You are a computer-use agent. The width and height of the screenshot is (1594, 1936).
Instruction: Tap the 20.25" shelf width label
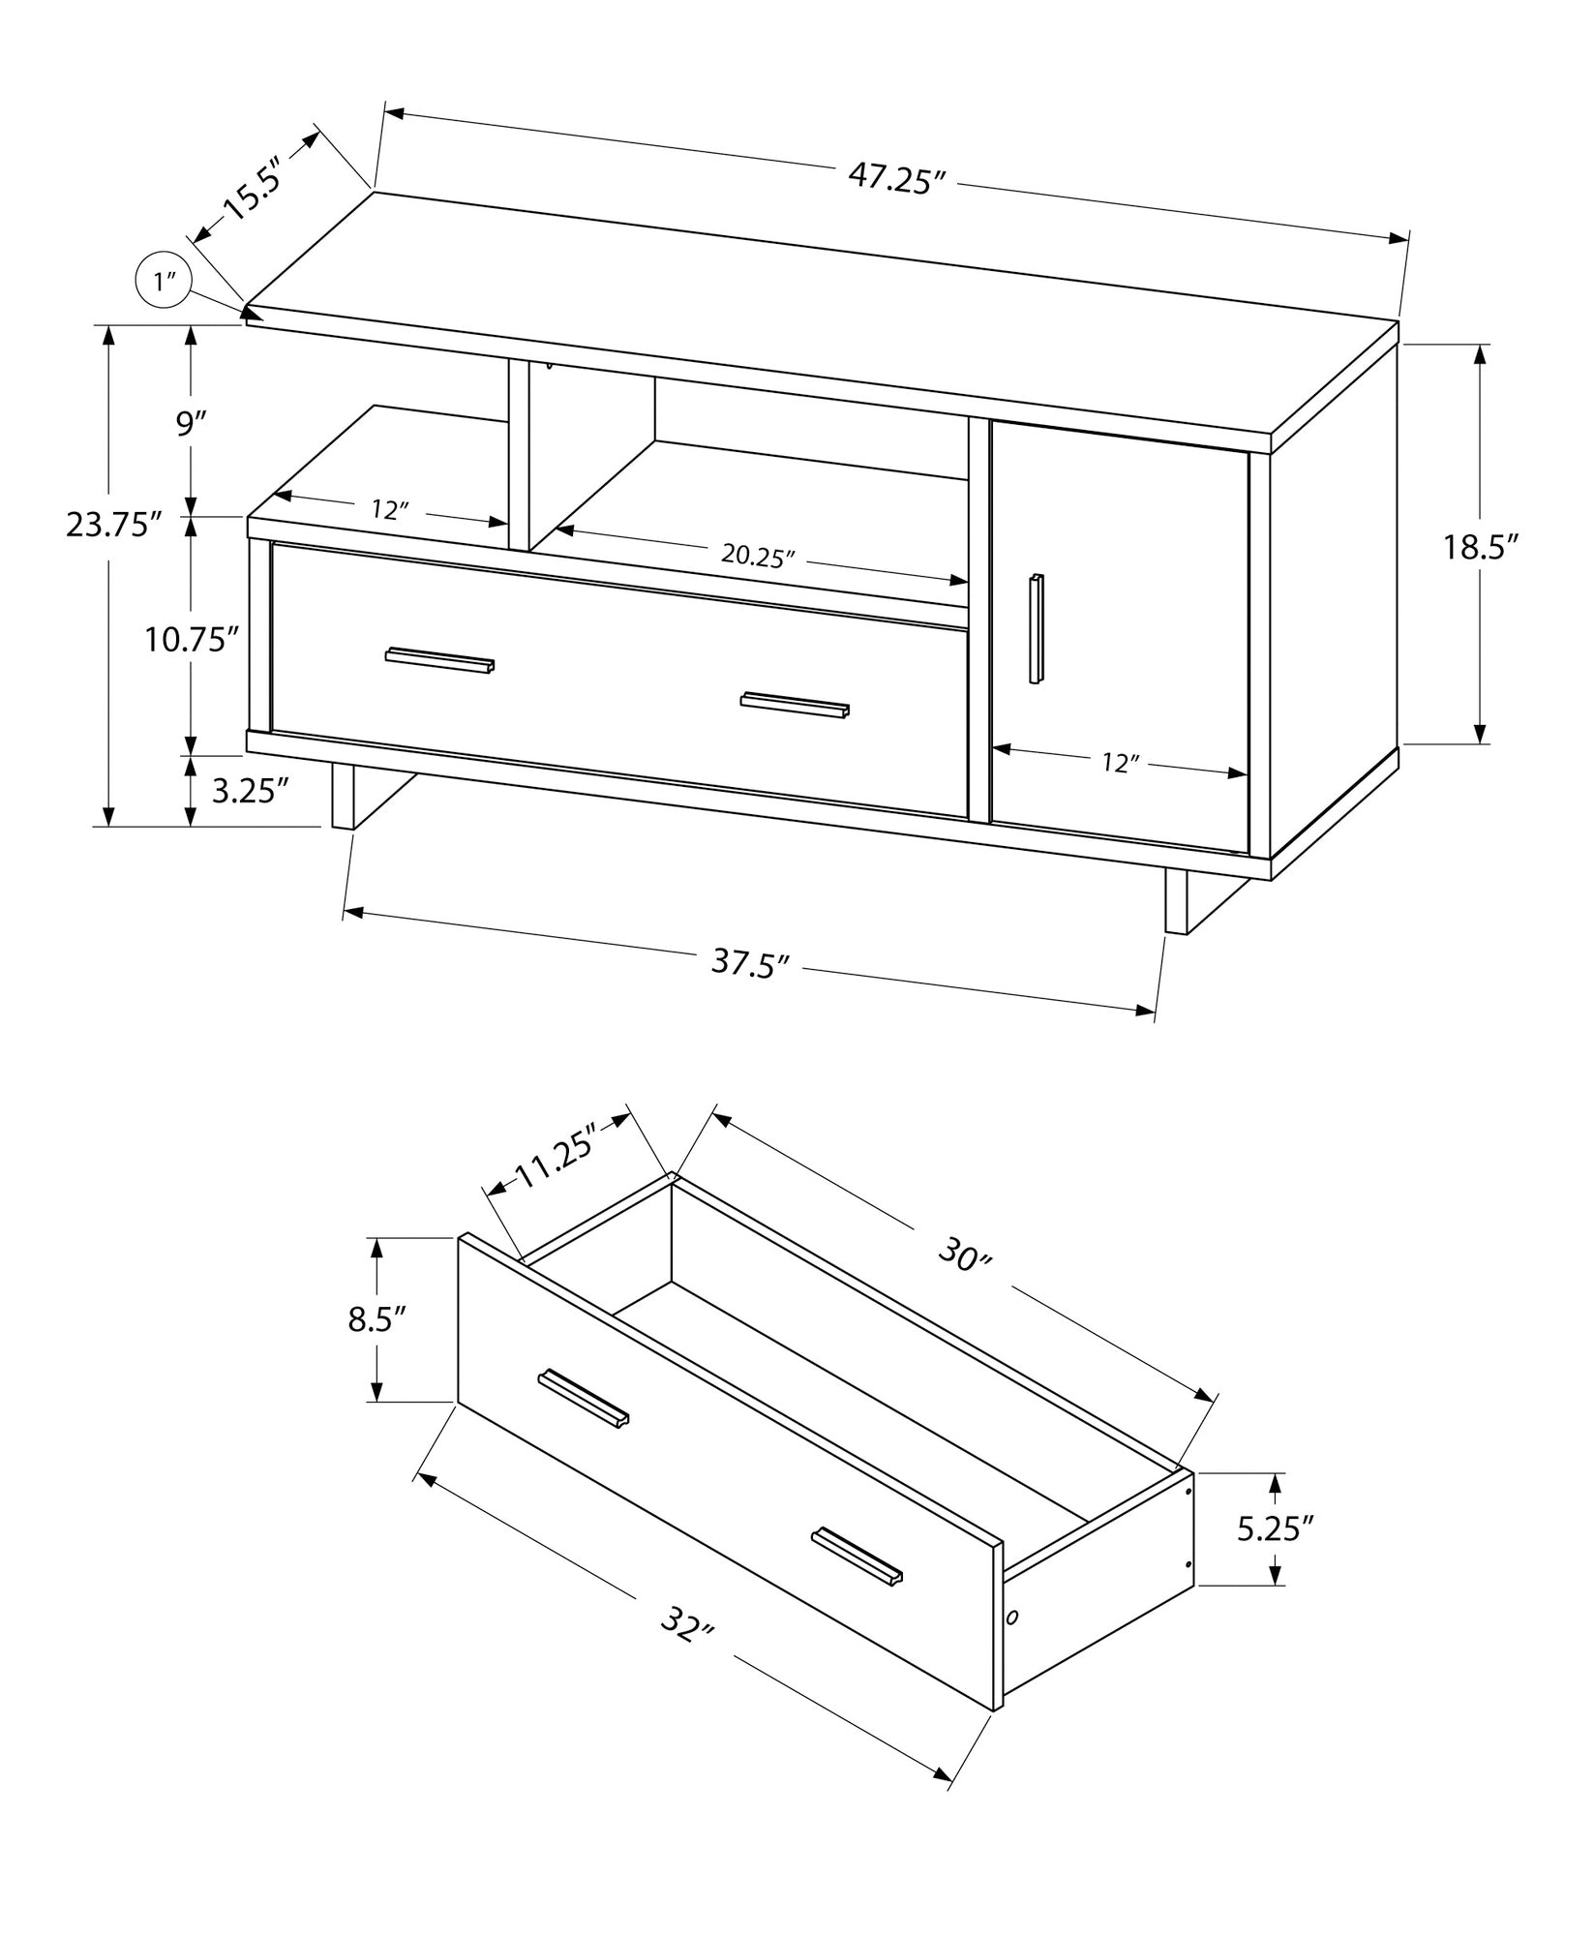click(x=758, y=557)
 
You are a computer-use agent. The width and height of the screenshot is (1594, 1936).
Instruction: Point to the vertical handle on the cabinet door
click(x=1037, y=629)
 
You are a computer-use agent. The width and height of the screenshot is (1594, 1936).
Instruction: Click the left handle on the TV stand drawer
click(x=439, y=659)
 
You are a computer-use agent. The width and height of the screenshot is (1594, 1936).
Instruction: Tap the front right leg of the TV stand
click(x=1176, y=901)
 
